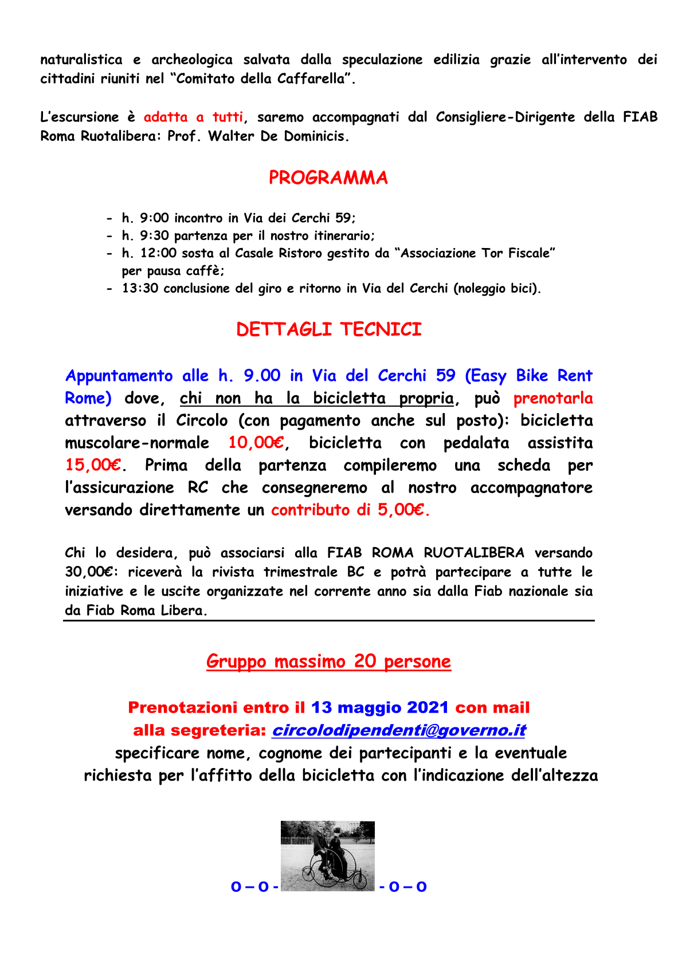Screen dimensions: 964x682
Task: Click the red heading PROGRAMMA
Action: [328, 178]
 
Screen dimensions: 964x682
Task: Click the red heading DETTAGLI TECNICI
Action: [328, 330]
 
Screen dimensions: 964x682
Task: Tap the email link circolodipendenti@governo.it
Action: [398, 731]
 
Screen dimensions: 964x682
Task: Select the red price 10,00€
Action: [256, 443]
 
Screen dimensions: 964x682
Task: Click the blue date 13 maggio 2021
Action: [379, 708]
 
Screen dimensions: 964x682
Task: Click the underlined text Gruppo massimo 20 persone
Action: [328, 662]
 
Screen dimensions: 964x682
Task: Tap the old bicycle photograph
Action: [327, 856]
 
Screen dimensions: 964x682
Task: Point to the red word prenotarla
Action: [553, 399]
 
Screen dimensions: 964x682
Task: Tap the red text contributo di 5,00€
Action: [350, 510]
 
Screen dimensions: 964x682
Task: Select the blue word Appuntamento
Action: [119, 376]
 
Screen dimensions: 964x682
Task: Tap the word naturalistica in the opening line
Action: [81, 60]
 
